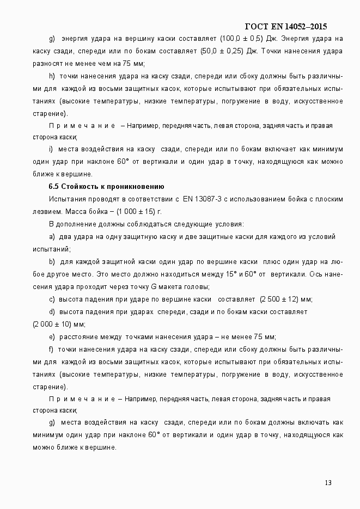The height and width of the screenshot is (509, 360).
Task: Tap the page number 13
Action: (328, 482)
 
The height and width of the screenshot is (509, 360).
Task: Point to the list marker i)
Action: (51, 149)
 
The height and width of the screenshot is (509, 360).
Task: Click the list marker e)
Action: (52, 337)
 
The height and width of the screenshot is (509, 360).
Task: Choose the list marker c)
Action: (52, 299)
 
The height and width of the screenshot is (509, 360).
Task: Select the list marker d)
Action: (52, 311)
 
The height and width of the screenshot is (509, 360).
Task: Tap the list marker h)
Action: (52, 76)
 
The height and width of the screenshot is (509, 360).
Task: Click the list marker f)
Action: (51, 349)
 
